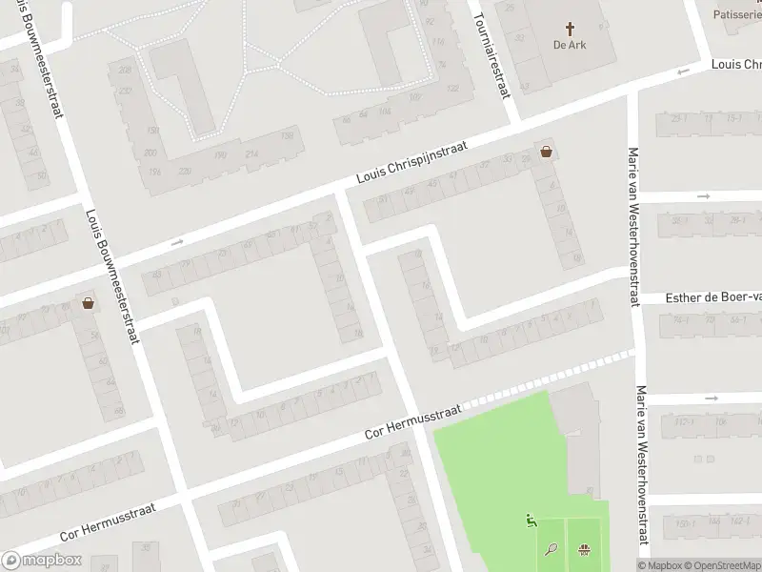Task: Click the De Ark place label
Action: tap(571, 45)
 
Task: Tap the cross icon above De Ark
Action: tap(571, 30)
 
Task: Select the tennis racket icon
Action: tap(551, 548)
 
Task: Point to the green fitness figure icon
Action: tap(531, 521)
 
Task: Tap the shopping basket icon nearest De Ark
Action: tap(547, 151)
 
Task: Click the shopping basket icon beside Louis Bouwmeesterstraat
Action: tap(89, 304)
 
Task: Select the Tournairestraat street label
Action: tap(491, 48)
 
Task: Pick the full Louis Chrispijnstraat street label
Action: tap(412, 162)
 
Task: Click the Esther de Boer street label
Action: tap(712, 298)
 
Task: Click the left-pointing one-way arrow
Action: tap(682, 73)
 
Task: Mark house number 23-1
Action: tap(679, 119)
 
